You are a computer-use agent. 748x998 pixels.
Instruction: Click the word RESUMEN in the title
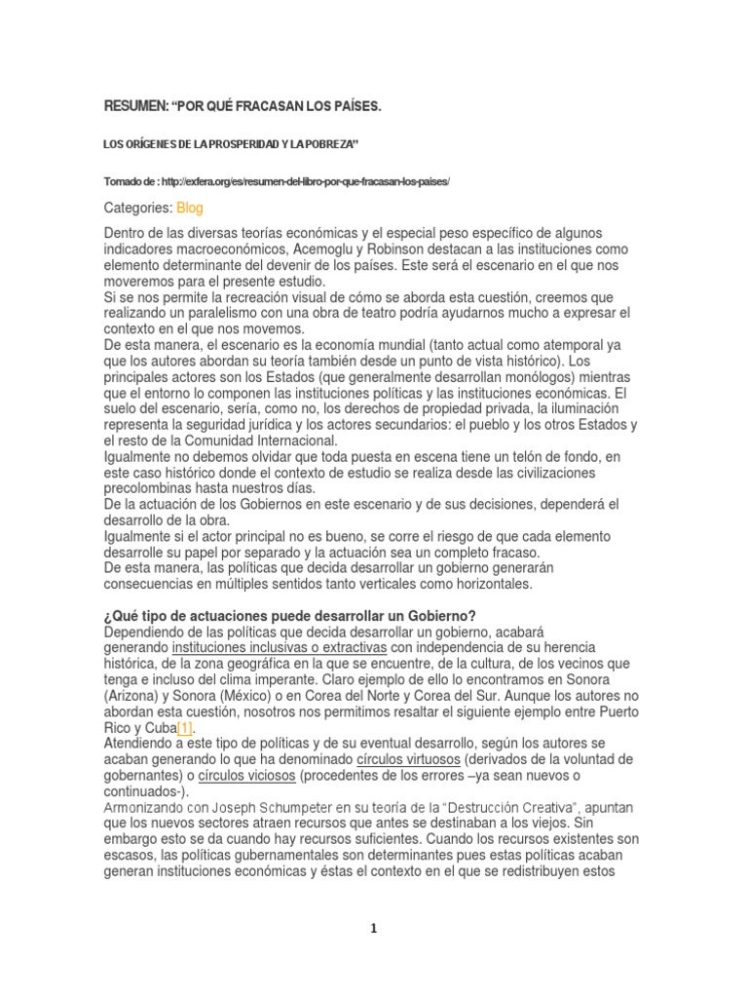coord(135,104)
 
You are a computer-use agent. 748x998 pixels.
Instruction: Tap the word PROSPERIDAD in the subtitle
coord(248,144)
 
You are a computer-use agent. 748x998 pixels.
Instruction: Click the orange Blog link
coord(190,208)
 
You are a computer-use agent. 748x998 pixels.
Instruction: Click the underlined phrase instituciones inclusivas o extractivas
coord(280,647)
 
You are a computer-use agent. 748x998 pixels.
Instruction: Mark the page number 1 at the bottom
coord(373,929)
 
